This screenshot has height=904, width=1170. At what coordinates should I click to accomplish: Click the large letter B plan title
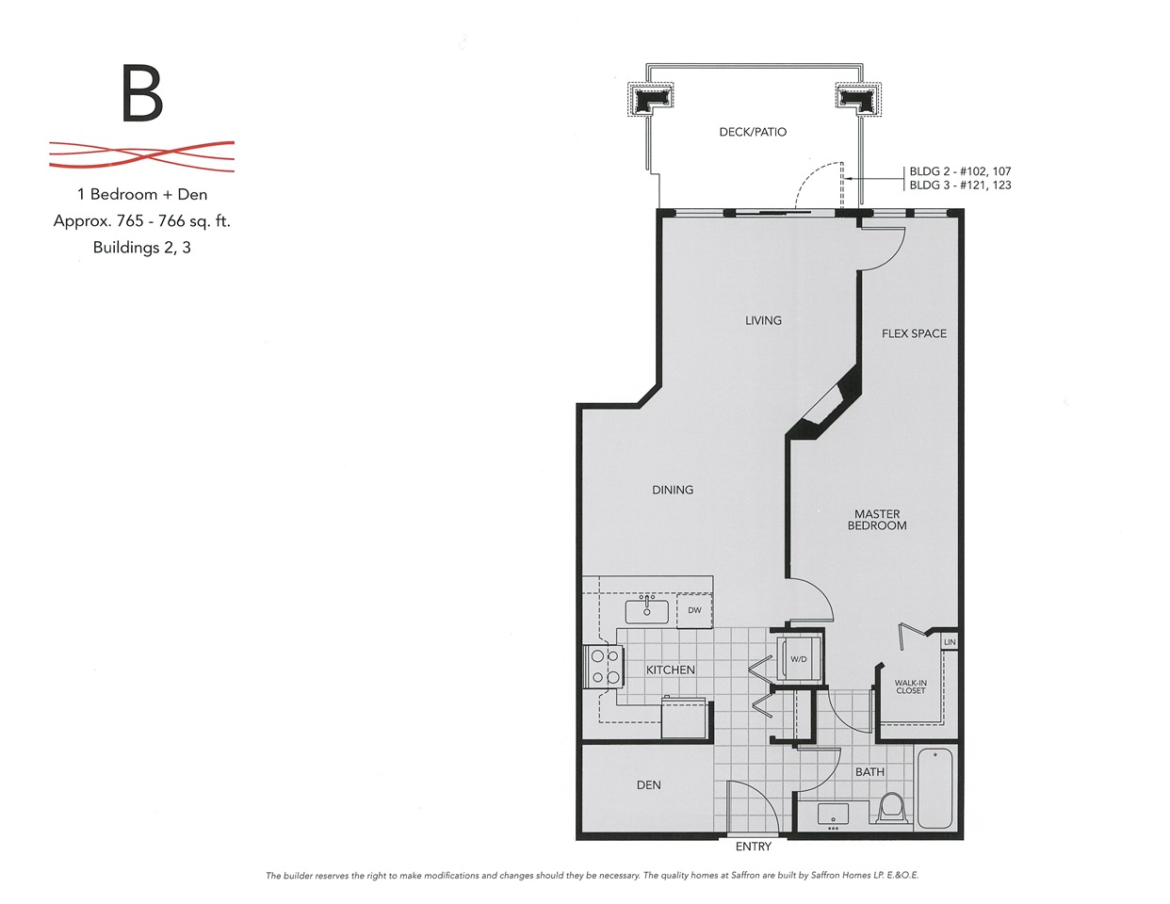pyautogui.click(x=142, y=93)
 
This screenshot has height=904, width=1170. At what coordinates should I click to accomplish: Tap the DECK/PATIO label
pyautogui.click(x=753, y=132)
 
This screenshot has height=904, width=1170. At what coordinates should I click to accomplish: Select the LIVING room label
pyautogui.click(x=763, y=321)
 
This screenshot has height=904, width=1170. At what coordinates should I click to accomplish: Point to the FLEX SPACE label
pyautogui.click(x=914, y=333)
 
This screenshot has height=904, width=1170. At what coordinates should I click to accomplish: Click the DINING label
pyautogui.click(x=673, y=490)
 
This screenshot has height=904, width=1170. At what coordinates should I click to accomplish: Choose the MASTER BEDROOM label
pyautogui.click(x=877, y=520)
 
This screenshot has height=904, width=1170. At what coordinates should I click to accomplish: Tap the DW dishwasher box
pyautogui.click(x=694, y=610)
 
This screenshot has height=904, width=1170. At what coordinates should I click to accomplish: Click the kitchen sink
pyautogui.click(x=646, y=611)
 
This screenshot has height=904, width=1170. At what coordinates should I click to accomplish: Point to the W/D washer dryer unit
pyautogui.click(x=799, y=659)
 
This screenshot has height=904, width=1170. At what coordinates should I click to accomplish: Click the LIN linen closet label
pyautogui.click(x=950, y=642)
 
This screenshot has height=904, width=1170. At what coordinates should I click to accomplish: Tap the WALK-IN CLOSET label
pyautogui.click(x=911, y=686)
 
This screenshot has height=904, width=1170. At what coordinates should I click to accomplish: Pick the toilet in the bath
pyautogui.click(x=891, y=808)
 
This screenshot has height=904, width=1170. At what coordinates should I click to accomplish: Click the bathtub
pyautogui.click(x=934, y=789)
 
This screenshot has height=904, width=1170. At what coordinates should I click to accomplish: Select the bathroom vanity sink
pyautogui.click(x=833, y=815)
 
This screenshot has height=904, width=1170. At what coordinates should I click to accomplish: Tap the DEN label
pyautogui.click(x=648, y=785)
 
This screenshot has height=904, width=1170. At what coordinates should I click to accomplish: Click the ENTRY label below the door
pyautogui.click(x=754, y=847)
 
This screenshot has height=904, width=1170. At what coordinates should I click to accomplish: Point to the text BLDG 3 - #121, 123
pyautogui.click(x=960, y=186)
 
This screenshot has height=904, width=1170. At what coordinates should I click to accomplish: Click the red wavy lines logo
pyautogui.click(x=141, y=156)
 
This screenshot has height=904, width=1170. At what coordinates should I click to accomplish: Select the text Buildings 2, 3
pyautogui.click(x=141, y=248)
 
